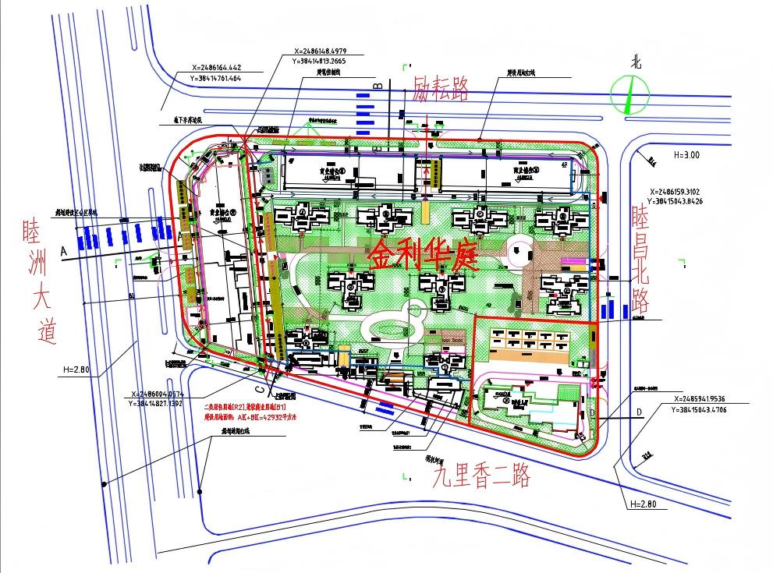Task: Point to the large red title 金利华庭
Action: click(422, 254)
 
